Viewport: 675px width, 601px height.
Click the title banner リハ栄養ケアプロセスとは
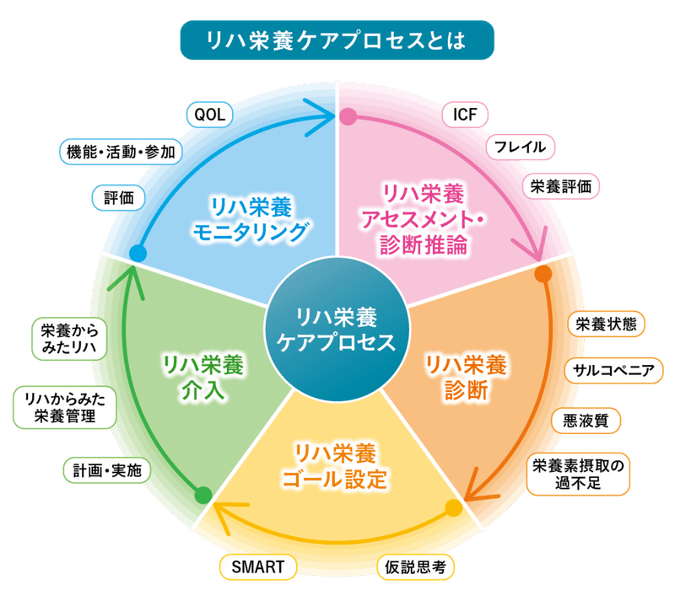[x=337, y=40]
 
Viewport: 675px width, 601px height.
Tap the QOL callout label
[x=209, y=115]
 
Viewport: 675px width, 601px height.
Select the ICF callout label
[x=465, y=115]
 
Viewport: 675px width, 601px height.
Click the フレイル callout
[x=520, y=148]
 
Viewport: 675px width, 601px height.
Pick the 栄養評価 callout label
[x=560, y=186]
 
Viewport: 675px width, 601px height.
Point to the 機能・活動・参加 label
[x=121, y=152]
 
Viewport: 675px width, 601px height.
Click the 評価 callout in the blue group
[x=118, y=198]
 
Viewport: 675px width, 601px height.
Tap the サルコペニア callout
[x=613, y=370]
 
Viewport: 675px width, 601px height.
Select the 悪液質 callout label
[x=586, y=421]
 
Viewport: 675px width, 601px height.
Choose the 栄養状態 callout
[x=606, y=324]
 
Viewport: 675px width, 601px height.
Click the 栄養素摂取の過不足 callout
[x=578, y=474]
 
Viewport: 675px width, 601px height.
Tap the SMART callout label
[x=258, y=567]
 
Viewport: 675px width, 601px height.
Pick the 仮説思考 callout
[x=415, y=567]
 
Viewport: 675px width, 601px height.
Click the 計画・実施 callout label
[x=107, y=470]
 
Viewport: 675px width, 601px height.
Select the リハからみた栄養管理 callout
[x=65, y=407]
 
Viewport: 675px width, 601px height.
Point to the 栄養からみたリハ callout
[x=69, y=339]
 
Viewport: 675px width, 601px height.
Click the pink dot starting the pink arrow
[x=348, y=116]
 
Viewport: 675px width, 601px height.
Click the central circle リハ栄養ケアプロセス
[x=336, y=330]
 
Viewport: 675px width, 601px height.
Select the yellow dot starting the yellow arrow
[x=453, y=508]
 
